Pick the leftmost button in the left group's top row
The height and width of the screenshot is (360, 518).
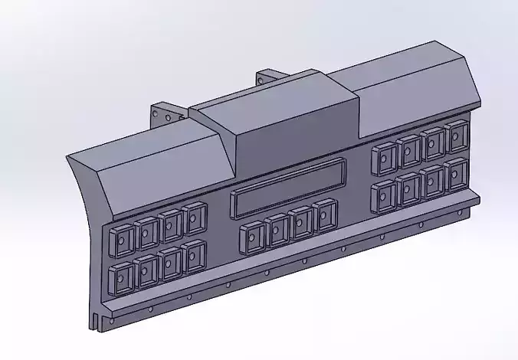pyautogui.click(x=120, y=241)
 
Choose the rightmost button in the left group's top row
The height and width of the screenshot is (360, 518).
pyautogui.click(x=195, y=218)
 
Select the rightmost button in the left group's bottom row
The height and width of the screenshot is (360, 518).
pyautogui.click(x=194, y=256)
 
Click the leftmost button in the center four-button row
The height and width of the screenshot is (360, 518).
pyautogui.click(x=251, y=237)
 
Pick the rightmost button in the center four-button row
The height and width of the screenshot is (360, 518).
pyautogui.click(x=326, y=214)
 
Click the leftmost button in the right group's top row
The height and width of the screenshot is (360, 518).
pyautogui.click(x=384, y=158)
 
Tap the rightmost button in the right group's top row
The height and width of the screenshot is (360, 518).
pyautogui.click(x=457, y=136)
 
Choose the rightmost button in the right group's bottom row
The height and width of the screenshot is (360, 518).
pyautogui.click(x=457, y=174)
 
